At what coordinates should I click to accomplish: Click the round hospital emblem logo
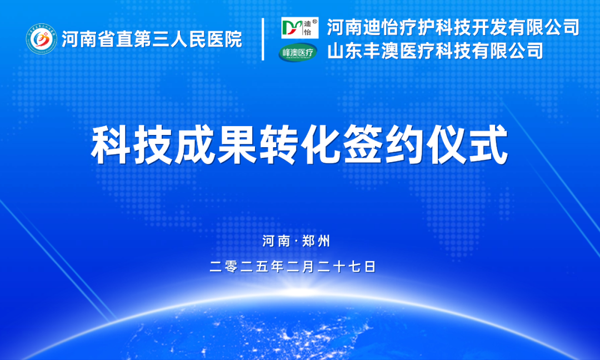click(x=41, y=39)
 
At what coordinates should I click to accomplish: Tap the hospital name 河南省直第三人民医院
click(x=152, y=39)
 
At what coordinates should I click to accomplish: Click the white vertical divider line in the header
click(x=263, y=39)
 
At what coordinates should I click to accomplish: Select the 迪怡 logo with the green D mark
click(x=299, y=28)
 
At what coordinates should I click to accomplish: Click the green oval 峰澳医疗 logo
click(x=298, y=52)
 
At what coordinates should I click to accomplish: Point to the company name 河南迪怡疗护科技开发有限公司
click(x=453, y=27)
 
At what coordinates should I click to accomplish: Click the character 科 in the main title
click(x=111, y=145)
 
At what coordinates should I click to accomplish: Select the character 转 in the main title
click(x=278, y=145)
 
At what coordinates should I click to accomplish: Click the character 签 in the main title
click(x=363, y=145)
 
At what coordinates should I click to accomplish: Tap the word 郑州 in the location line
click(x=316, y=241)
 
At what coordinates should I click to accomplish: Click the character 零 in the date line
click(x=231, y=267)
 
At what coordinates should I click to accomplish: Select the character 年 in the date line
click(x=277, y=267)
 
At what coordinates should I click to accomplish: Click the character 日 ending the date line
click(x=370, y=267)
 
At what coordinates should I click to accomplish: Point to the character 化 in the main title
click(x=321, y=145)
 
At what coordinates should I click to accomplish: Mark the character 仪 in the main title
click(x=447, y=145)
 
